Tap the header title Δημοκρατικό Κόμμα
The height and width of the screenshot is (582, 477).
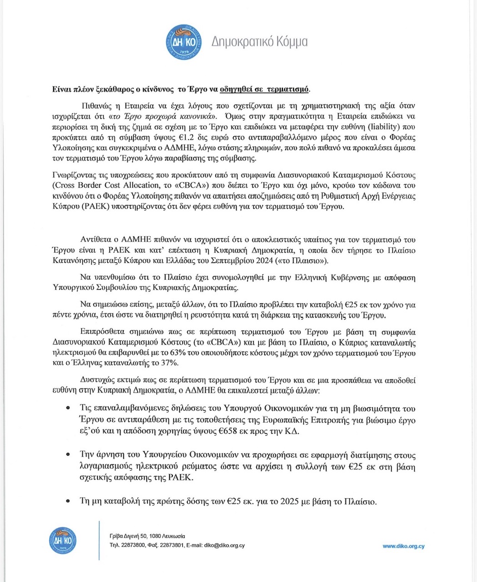pyautogui.click(x=260, y=42)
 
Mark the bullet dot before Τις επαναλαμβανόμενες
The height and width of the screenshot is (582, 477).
pyautogui.click(x=68, y=409)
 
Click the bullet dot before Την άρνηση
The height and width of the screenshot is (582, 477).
pyautogui.click(x=68, y=455)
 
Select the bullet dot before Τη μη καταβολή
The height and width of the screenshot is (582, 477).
pyautogui.click(x=68, y=502)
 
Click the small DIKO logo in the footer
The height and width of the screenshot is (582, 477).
pyautogui.click(x=62, y=541)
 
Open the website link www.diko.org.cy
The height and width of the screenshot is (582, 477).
pyautogui.click(x=403, y=546)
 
